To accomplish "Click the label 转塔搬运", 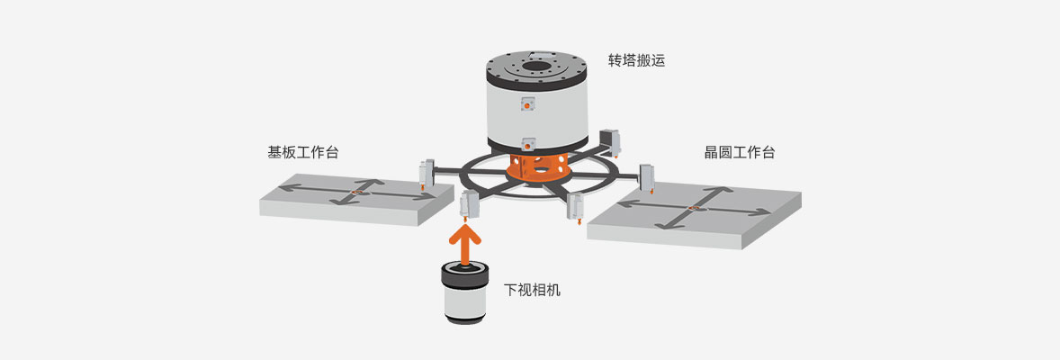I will tap(635, 61).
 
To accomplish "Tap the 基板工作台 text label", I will tap(303, 152).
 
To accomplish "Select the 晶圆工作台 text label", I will tap(739, 152).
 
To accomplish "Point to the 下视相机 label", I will tap(532, 291).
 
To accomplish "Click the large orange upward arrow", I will tap(464, 243).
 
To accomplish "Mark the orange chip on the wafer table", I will tap(696, 210).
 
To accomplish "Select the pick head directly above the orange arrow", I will tap(468, 205).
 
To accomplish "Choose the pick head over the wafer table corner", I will tap(646, 176).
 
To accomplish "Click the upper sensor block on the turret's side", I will tap(527, 104).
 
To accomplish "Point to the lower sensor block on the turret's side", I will tap(528, 141).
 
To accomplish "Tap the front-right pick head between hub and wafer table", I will tap(576, 206).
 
